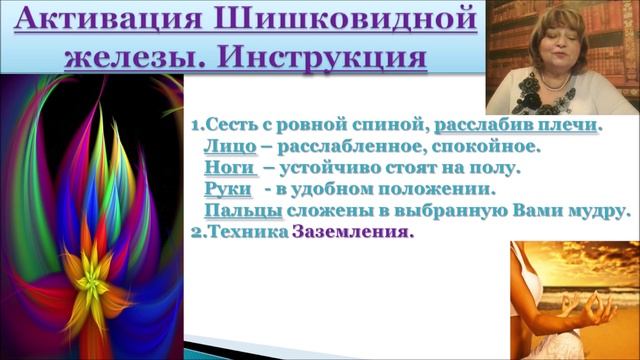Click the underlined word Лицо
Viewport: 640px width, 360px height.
231,147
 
